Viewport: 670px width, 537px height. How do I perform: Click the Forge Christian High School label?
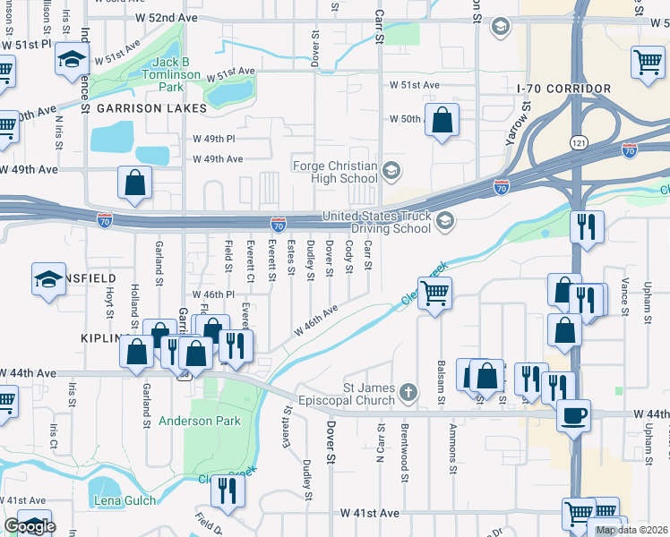[x=334, y=171]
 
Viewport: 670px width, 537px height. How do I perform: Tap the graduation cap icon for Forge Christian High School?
[x=391, y=170]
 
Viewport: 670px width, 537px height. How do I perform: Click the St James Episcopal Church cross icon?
[x=408, y=392]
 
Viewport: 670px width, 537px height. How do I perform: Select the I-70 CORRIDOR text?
[x=564, y=89]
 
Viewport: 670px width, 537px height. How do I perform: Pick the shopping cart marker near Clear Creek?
[x=434, y=292]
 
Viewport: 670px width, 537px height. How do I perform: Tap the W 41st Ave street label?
[x=369, y=514]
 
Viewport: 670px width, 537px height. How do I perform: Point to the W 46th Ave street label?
[x=317, y=320]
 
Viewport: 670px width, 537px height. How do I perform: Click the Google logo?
[x=29, y=526]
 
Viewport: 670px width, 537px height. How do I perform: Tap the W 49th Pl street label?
[x=212, y=140]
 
